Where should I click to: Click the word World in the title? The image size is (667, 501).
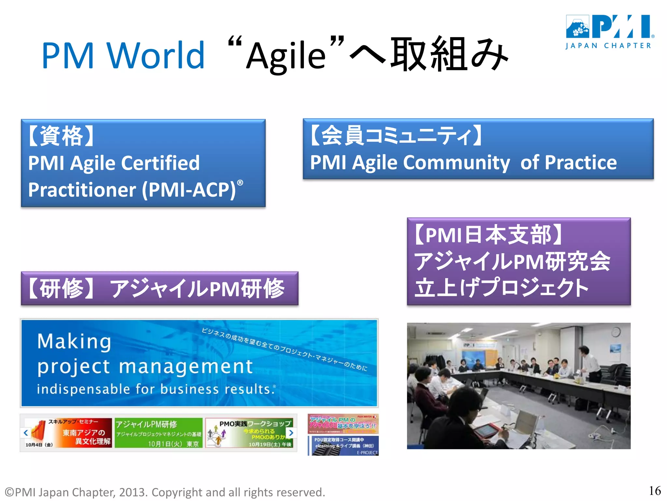click(155, 55)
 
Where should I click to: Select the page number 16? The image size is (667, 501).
click(655, 491)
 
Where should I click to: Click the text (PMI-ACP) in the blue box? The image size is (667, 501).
click(189, 190)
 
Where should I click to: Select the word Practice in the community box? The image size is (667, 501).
click(580, 162)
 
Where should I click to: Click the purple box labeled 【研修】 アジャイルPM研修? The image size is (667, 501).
click(160, 289)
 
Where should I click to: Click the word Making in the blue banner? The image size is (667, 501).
click(74, 342)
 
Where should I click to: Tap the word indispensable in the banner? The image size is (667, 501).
click(83, 389)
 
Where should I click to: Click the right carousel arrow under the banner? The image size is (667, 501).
click(291, 433)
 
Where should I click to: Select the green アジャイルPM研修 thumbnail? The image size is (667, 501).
click(159, 433)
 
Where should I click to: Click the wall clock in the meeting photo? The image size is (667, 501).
click(615, 332)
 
